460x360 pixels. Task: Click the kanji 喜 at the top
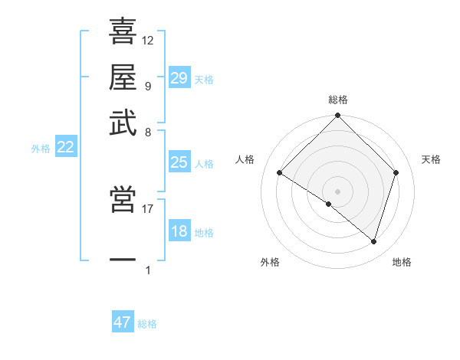click(x=123, y=31)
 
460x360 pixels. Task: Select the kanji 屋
click(x=123, y=77)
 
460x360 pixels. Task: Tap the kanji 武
click(x=123, y=123)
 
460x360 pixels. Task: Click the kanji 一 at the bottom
click(x=123, y=260)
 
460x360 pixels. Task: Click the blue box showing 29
click(x=179, y=78)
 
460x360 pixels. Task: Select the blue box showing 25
click(x=179, y=162)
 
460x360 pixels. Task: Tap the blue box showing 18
click(x=179, y=232)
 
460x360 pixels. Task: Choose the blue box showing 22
click(x=65, y=148)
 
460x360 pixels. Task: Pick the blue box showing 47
click(x=123, y=322)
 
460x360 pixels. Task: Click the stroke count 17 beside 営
click(x=148, y=208)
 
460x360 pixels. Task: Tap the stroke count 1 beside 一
click(x=148, y=270)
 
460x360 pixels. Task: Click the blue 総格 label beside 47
click(x=147, y=324)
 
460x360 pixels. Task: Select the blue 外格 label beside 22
click(x=40, y=149)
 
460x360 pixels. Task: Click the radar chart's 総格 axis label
click(x=338, y=100)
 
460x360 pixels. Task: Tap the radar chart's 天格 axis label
click(x=432, y=159)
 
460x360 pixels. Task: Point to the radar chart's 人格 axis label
click(x=245, y=159)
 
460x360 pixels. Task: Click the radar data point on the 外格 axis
click(x=329, y=205)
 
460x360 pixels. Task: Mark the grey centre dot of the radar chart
click(x=338, y=191)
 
